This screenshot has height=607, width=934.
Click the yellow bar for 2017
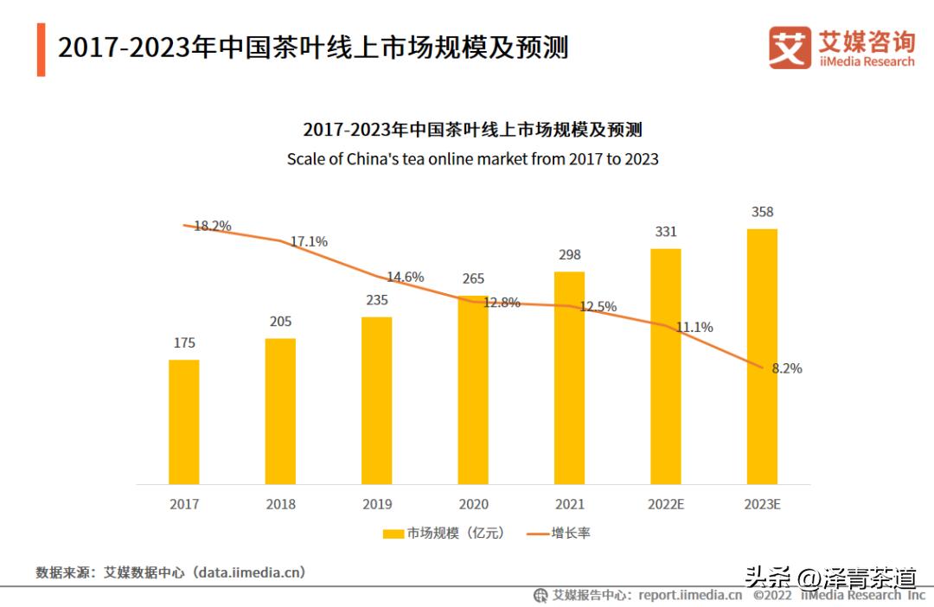tap(183, 422)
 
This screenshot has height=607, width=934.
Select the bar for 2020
tap(473, 389)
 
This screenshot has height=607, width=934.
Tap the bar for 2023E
tap(762, 356)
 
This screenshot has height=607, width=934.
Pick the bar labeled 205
tap(280, 411)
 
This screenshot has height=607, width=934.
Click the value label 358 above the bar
tap(762, 212)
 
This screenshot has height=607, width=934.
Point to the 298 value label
tap(570, 255)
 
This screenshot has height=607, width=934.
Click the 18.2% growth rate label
tap(212, 227)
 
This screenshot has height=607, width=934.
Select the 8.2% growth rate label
tap(786, 368)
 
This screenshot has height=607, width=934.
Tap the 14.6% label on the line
tap(405, 278)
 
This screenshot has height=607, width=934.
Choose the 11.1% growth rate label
tap(694, 328)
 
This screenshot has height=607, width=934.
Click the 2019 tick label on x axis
tap(377, 505)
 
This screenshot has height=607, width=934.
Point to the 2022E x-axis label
tap(666, 505)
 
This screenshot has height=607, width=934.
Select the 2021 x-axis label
tap(570, 505)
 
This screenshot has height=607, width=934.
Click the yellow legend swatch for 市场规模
tap(393, 534)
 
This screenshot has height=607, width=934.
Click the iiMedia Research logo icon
tap(790, 48)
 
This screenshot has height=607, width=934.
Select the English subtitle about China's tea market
tap(472, 159)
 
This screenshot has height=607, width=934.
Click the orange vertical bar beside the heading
tap(41, 49)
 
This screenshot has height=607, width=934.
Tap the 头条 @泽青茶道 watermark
tap(830, 577)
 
